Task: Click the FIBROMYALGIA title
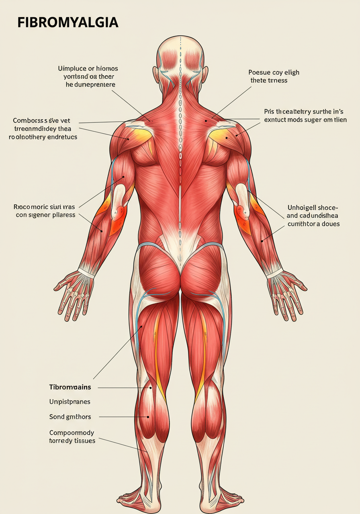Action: click(67, 22)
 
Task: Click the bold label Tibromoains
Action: click(70, 388)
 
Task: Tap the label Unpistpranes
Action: click(70, 402)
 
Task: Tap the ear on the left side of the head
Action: click(155, 75)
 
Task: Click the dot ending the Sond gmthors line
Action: click(148, 417)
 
